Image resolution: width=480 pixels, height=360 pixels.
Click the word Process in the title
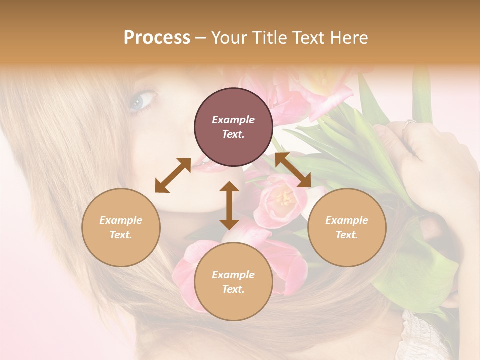[x=157, y=37]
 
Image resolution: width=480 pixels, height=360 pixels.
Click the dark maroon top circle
[x=233, y=127]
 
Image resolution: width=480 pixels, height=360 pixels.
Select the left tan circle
[x=121, y=227]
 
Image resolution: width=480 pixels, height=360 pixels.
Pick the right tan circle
[x=347, y=227]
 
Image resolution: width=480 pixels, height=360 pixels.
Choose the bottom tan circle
[x=233, y=281]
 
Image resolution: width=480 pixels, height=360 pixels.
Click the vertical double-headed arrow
[x=229, y=205]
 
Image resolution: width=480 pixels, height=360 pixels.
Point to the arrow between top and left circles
[x=172, y=175]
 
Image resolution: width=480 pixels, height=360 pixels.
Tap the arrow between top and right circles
[x=293, y=170]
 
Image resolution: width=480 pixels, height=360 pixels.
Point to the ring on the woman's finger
[x=410, y=122]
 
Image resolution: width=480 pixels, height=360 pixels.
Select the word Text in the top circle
[x=233, y=134]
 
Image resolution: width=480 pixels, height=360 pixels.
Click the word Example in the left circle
[x=121, y=220]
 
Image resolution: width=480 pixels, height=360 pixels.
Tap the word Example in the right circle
[x=347, y=220]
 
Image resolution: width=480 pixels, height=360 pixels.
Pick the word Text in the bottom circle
[x=233, y=289]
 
